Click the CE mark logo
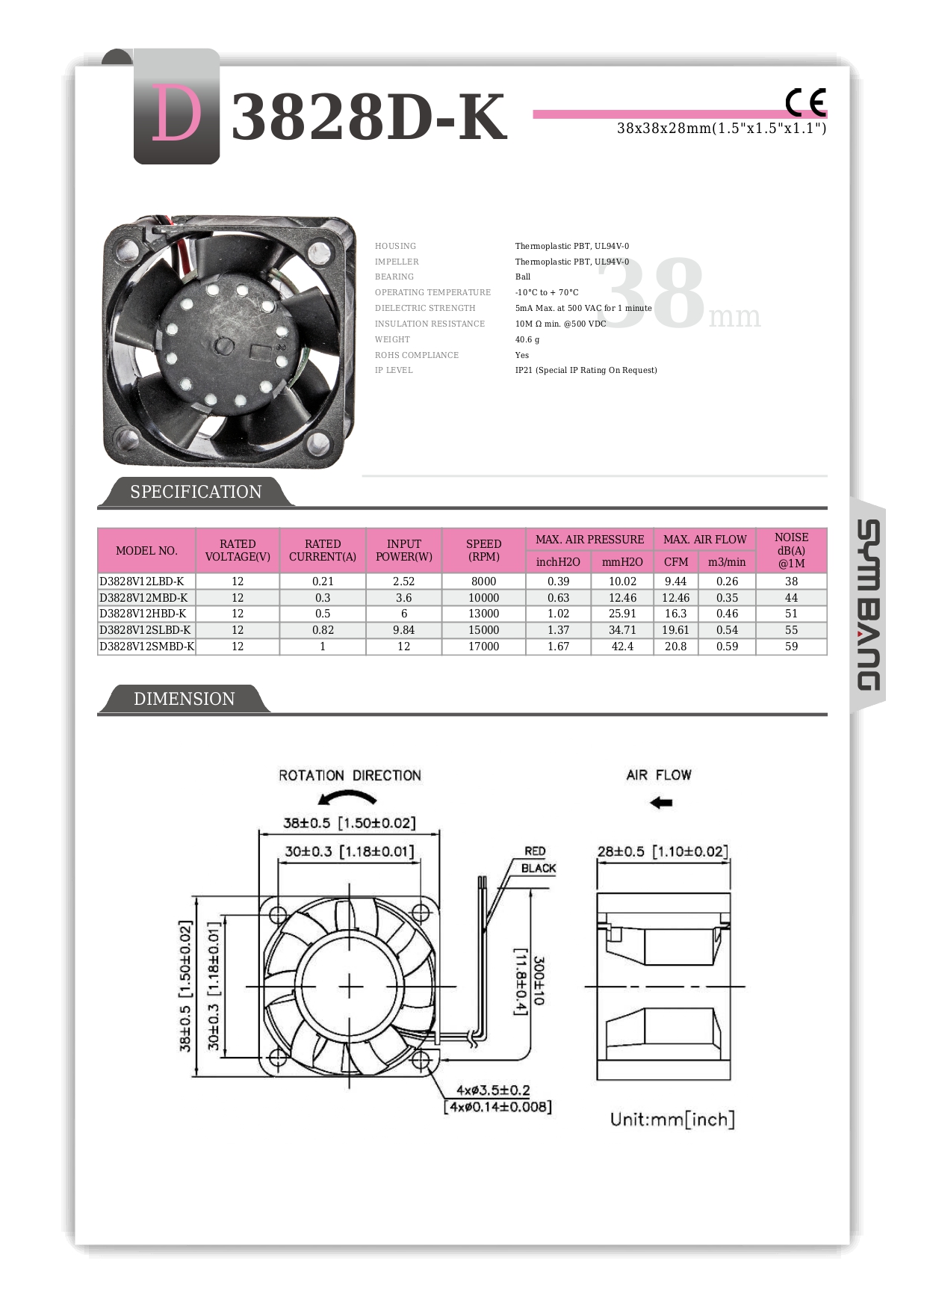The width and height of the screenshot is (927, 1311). click(805, 102)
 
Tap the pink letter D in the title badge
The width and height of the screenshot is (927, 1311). click(176, 113)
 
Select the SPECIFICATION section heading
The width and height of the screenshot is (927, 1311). click(196, 492)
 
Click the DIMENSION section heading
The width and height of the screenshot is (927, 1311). click(184, 699)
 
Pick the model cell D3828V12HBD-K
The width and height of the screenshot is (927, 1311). click(143, 614)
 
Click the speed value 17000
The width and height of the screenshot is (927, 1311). click(483, 647)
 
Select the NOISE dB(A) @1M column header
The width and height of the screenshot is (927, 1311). click(791, 550)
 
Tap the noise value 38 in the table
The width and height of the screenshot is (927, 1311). click(791, 582)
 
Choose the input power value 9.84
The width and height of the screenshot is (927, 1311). click(403, 630)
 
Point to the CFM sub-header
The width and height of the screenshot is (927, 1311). click(675, 562)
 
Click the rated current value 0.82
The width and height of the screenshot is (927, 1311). click(323, 630)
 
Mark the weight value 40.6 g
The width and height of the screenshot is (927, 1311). click(527, 339)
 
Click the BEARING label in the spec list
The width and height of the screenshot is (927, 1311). click(394, 277)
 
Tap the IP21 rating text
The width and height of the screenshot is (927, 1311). click(586, 370)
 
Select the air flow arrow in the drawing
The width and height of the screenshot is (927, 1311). click(661, 803)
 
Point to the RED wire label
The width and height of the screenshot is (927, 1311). click(535, 851)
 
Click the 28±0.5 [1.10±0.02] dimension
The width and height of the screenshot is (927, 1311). click(662, 852)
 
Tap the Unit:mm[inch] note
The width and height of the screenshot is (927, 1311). click(672, 1119)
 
